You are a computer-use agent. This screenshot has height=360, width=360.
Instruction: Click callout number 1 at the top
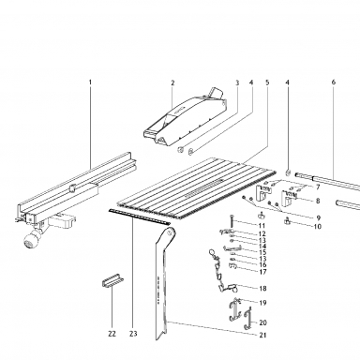tap(90, 82)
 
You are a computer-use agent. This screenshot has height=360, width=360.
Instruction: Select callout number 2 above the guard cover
tap(172, 82)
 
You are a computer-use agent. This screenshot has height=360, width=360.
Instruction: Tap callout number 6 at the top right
tap(334, 82)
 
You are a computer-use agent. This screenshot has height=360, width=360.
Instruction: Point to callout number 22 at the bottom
tap(112, 334)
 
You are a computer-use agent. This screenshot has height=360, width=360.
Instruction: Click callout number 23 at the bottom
tap(133, 334)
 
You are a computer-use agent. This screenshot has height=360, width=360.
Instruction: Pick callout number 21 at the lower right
tap(262, 335)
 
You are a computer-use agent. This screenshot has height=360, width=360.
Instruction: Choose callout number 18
tap(262, 288)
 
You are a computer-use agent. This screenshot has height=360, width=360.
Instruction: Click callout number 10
tap(317, 227)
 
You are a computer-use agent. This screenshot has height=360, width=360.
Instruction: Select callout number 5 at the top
tap(267, 82)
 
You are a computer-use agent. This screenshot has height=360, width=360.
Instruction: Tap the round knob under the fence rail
tap(31, 241)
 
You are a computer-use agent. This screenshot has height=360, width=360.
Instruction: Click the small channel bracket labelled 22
tap(112, 280)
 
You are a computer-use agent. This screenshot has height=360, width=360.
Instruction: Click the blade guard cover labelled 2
tap(185, 117)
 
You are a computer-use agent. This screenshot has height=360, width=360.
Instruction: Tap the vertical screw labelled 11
tap(232, 221)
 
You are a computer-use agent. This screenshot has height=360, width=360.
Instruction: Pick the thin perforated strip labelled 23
tap(140, 217)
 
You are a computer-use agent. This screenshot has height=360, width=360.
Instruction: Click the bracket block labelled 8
tap(289, 198)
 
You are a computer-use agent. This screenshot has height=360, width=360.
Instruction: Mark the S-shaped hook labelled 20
tap(247, 319)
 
